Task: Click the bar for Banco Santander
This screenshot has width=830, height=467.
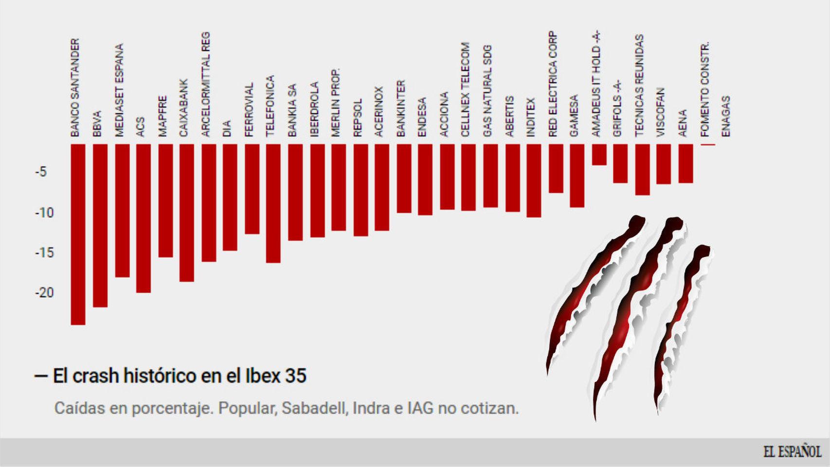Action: click(78, 234)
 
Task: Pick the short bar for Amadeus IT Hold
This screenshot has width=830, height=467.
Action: click(599, 155)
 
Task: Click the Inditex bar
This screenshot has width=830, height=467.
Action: click(534, 180)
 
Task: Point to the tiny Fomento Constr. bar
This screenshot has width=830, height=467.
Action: click(708, 145)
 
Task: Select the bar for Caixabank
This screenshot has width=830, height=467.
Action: click(186, 213)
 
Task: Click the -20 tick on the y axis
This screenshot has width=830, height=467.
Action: click(44, 293)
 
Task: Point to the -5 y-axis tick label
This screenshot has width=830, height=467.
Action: click(41, 172)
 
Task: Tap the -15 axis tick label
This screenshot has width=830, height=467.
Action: click(44, 253)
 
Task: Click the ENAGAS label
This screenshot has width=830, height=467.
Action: click(726, 116)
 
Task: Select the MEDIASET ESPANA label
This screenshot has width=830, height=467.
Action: click(120, 90)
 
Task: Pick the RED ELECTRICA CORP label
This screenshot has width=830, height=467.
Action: click(553, 84)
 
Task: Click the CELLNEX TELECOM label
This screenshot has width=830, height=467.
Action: click(466, 89)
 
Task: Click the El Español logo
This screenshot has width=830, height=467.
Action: click(792, 452)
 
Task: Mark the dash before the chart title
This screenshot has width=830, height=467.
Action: click(41, 377)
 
